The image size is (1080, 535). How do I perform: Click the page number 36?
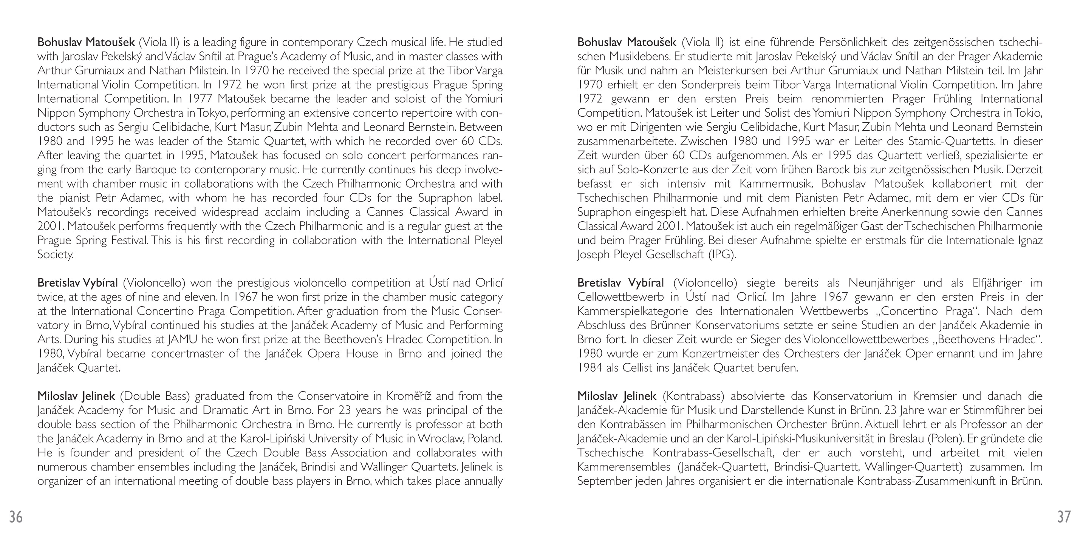16,517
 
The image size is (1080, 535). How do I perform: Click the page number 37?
1064,517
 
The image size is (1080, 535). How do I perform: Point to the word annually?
483,481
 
